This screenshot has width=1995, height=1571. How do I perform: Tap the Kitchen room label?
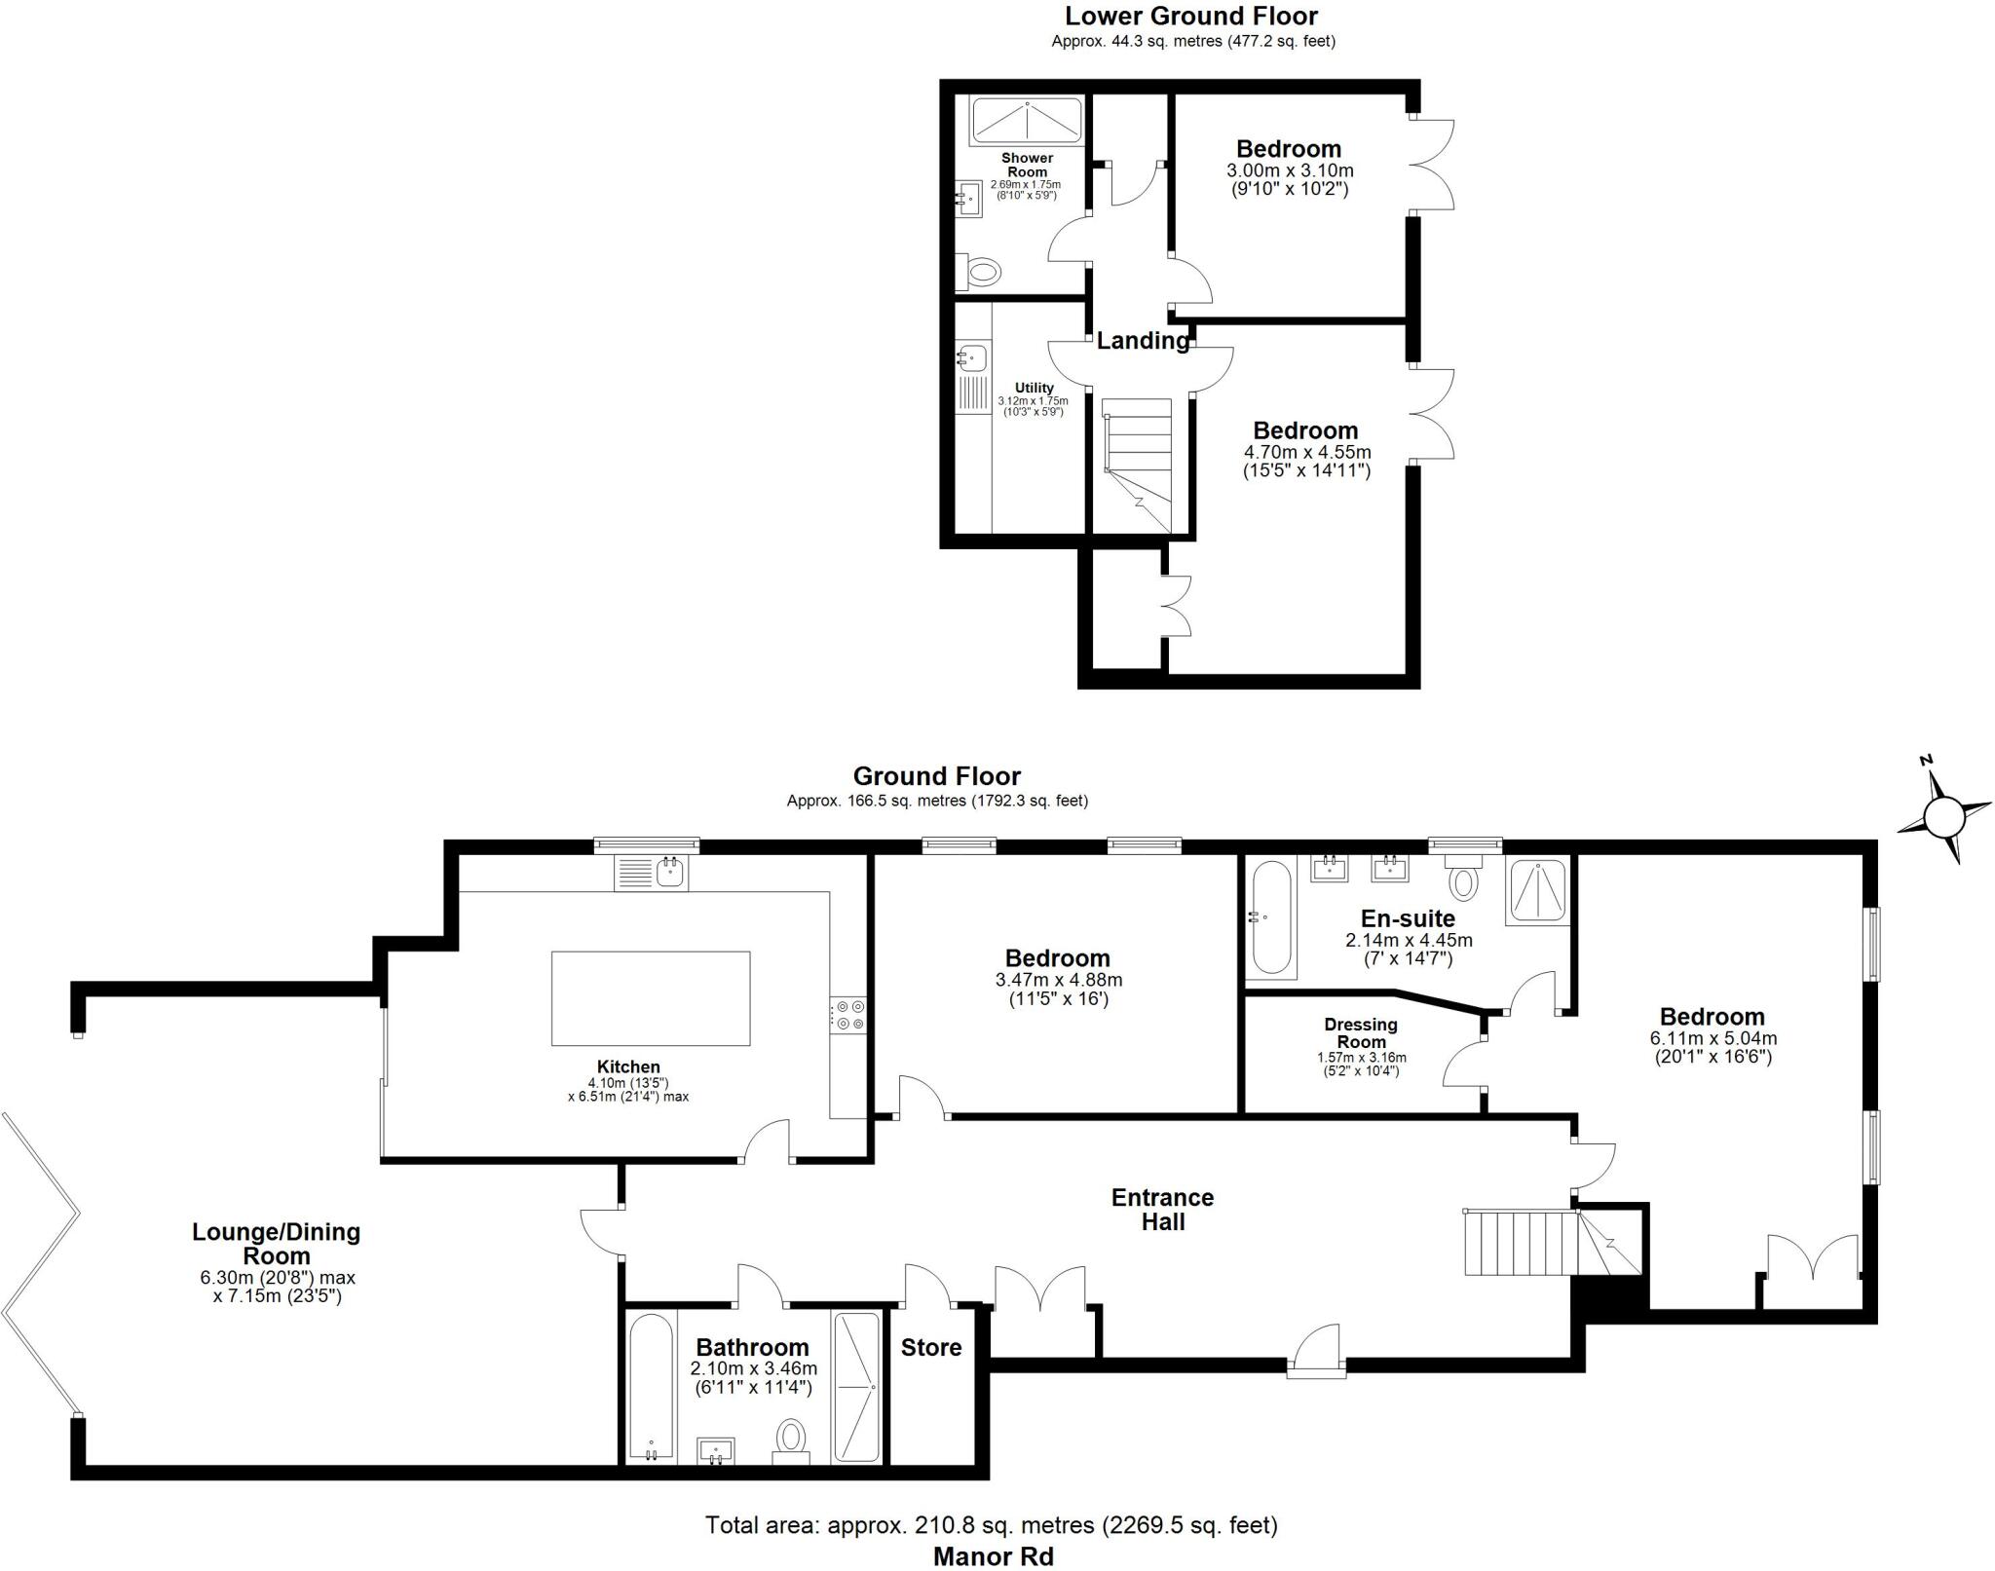[x=628, y=1066]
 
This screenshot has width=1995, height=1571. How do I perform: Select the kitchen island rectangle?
[x=651, y=998]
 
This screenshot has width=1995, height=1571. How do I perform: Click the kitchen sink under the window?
[x=670, y=872]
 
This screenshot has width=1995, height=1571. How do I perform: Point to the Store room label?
[x=930, y=1347]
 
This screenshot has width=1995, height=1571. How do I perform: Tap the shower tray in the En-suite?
[x=1537, y=891]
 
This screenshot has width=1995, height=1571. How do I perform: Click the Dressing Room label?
[x=1361, y=1032]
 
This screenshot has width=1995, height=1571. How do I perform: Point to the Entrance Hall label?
[x=1162, y=1209]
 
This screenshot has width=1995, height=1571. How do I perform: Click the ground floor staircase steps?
[x=1520, y=1243]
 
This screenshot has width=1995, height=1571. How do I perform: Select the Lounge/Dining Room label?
[x=277, y=1244]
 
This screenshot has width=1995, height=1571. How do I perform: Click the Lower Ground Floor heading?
[x=1190, y=17]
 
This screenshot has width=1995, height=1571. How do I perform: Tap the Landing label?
[x=1142, y=341]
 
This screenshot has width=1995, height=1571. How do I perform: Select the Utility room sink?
[x=972, y=357]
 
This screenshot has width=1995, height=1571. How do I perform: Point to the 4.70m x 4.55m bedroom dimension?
[x=1306, y=452]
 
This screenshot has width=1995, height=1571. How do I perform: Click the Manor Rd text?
[x=993, y=1556]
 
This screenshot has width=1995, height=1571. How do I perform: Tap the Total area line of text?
[x=991, y=1524]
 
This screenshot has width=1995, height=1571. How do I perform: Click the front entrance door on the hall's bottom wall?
[x=1316, y=1352]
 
